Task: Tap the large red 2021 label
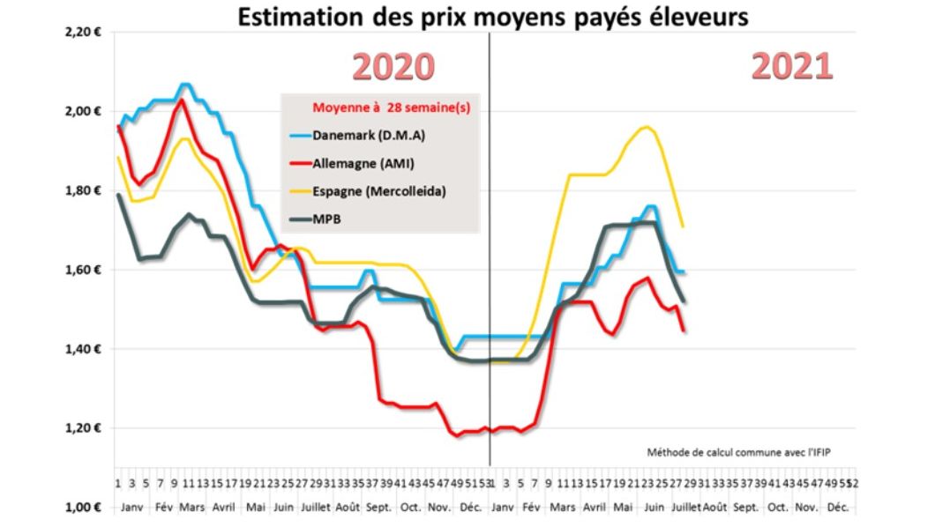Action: pyautogui.click(x=791, y=66)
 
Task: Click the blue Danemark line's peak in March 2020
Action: pyautogui.click(x=184, y=85)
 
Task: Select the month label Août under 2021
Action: pyautogui.click(x=714, y=508)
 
